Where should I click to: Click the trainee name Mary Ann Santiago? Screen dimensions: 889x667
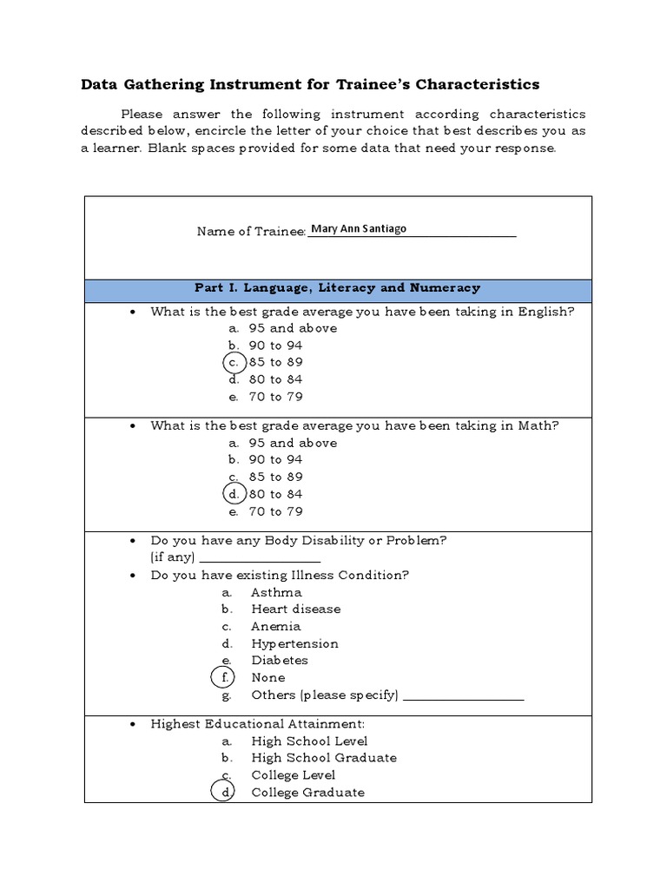click(x=358, y=230)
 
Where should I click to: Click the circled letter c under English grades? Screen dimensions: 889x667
click(x=234, y=362)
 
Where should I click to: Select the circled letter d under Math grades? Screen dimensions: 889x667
click(x=234, y=494)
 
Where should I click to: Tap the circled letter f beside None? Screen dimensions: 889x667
click(x=224, y=677)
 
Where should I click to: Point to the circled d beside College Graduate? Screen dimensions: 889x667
click(x=224, y=792)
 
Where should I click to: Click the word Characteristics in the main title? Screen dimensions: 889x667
click(x=478, y=84)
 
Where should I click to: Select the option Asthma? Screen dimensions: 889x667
click(x=276, y=592)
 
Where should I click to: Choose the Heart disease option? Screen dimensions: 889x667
click(x=295, y=609)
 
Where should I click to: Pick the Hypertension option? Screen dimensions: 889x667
click(x=294, y=643)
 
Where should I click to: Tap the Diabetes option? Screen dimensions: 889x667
click(x=280, y=661)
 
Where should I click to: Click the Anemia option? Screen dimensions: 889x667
click(x=276, y=626)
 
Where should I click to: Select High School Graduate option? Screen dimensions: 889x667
click(x=323, y=758)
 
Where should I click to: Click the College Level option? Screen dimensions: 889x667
click(x=293, y=775)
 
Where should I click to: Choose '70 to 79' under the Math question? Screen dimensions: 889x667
click(x=275, y=511)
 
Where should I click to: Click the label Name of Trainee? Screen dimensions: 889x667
click(x=251, y=231)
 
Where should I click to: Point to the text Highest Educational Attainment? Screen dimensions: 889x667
click(x=257, y=723)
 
